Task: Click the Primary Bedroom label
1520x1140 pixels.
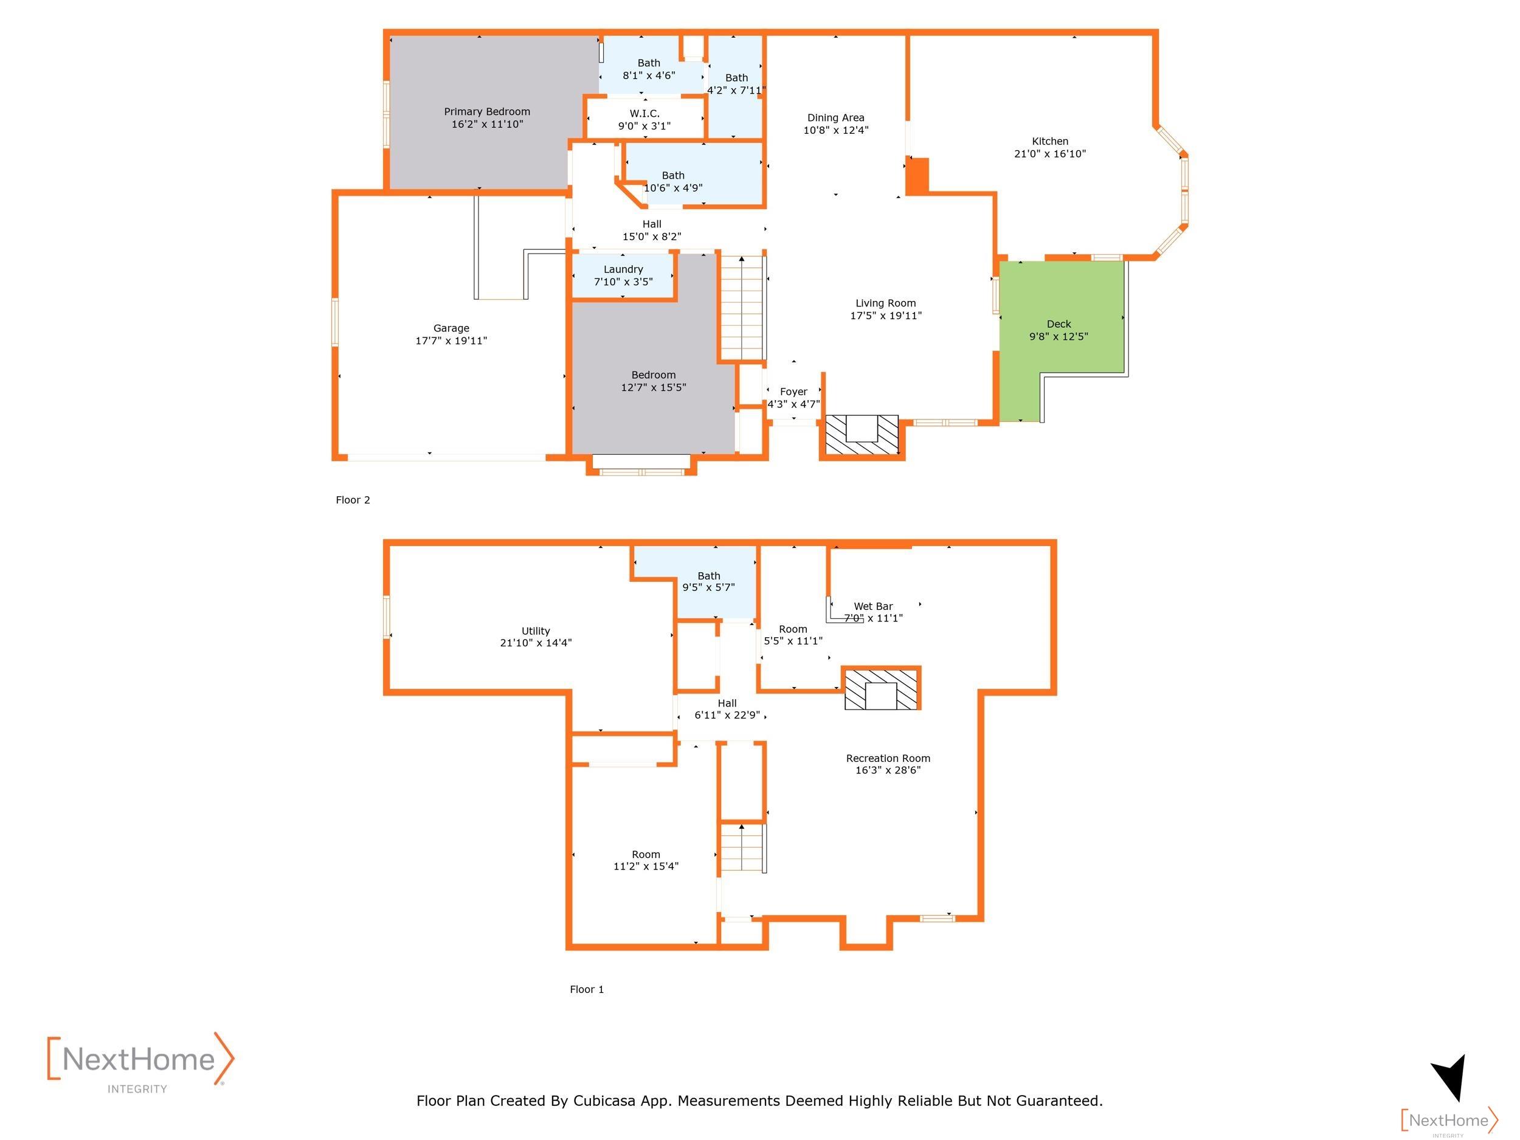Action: [x=486, y=111]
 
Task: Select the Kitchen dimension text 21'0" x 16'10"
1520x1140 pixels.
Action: [x=1050, y=154]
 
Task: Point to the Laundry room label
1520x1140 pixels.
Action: [x=623, y=269]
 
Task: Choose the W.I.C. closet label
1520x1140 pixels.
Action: [x=644, y=113]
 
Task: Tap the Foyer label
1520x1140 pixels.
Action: [x=793, y=392]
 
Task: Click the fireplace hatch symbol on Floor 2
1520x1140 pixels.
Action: [x=862, y=435]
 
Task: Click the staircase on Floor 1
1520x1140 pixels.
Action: [x=742, y=848]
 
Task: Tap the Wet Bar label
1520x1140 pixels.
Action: [x=873, y=606]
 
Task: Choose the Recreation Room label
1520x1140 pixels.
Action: [x=888, y=758]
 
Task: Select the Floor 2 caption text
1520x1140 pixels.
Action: [x=353, y=500]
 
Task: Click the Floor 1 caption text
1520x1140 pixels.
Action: [x=587, y=989]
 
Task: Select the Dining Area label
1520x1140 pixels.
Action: [x=835, y=117]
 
